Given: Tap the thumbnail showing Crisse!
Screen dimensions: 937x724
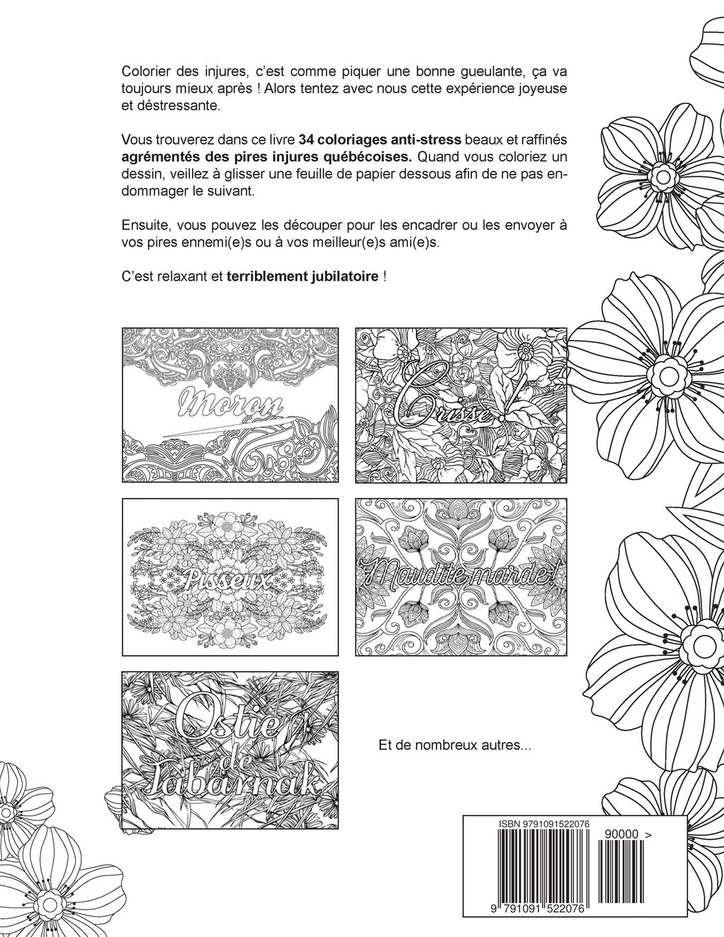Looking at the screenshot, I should point(456,404).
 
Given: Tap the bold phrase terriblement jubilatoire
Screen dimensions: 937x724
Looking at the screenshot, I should point(302,278).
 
